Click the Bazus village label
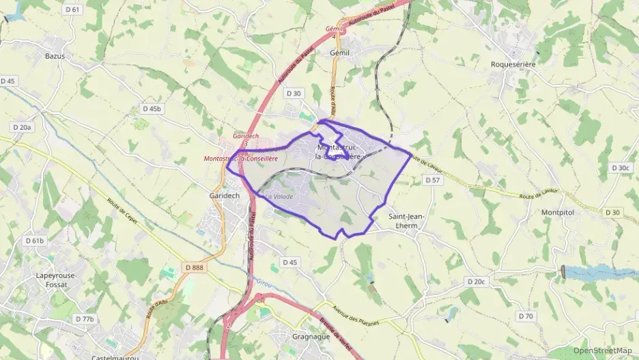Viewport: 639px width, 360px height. [55, 56]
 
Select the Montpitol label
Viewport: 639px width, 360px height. [560, 212]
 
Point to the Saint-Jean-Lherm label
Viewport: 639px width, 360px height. [407, 221]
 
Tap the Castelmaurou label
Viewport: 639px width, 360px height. [115, 357]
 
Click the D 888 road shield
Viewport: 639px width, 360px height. [194, 267]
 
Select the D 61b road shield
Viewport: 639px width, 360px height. [34, 240]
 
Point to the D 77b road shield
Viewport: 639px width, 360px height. [85, 319]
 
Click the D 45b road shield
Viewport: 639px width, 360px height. [152, 109]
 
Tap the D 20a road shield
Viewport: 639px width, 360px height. [23, 127]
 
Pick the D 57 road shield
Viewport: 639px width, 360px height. [432, 180]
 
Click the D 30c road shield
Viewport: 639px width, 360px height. [621, 167]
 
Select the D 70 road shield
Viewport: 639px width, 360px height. [525, 316]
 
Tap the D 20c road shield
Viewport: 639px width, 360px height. [476, 281]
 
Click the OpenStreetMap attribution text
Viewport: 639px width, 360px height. [602, 351]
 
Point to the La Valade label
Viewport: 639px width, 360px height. [279, 197]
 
